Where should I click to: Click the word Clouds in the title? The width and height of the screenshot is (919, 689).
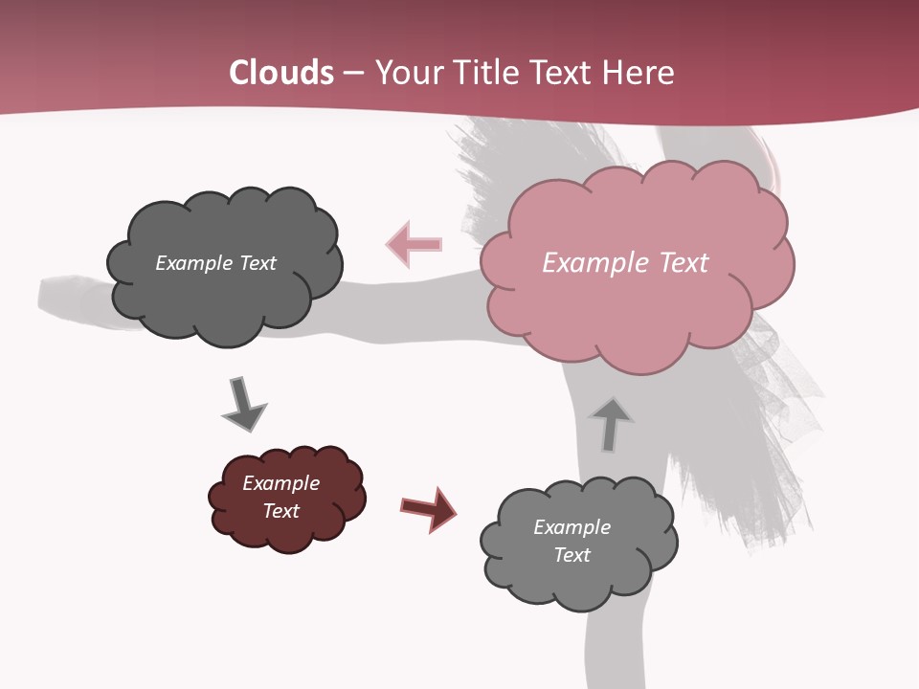point(281,73)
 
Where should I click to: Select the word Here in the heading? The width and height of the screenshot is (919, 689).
point(640,73)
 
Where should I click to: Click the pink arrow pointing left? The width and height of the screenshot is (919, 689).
point(415,244)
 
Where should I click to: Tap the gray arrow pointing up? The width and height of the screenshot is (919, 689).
point(611,422)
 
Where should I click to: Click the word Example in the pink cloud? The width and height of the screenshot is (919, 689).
point(585,263)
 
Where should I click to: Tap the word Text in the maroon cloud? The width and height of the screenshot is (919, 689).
point(281,511)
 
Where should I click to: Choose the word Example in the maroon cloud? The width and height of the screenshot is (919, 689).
point(280,483)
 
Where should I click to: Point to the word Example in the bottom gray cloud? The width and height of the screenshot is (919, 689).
point(572,527)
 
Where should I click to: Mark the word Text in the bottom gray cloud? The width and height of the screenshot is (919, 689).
point(572,555)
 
